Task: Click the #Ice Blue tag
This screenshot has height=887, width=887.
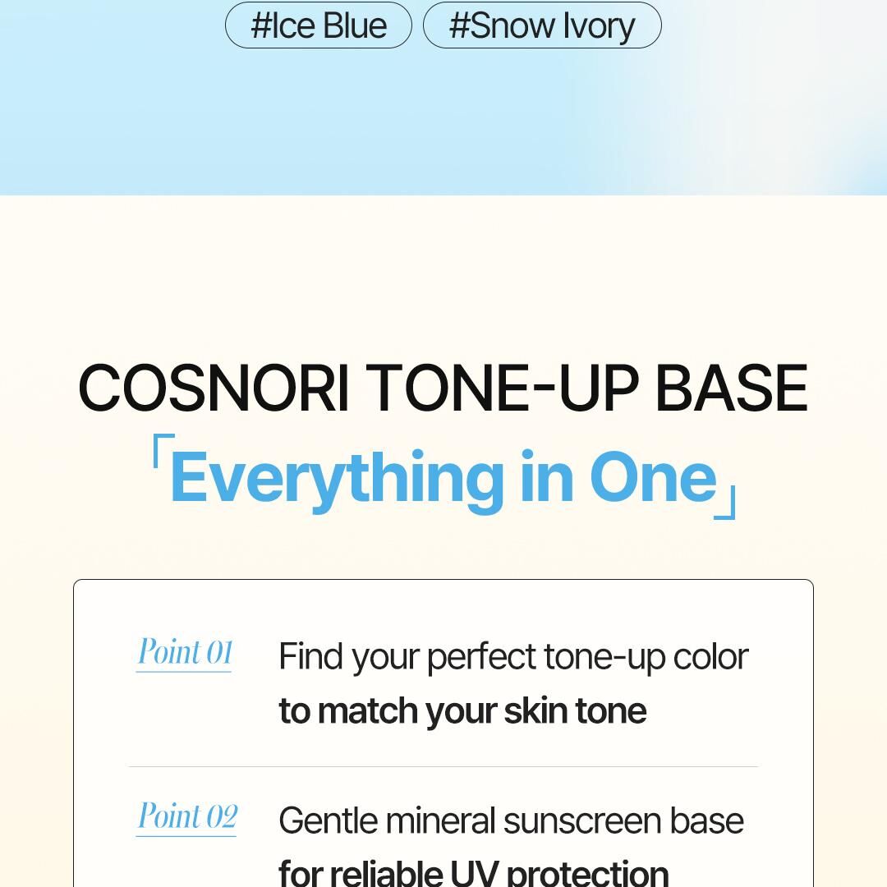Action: coord(319,25)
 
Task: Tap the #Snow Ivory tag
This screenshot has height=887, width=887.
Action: coord(542,25)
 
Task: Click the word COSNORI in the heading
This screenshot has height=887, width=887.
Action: coord(214,388)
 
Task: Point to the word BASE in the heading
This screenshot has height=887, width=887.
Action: coord(732,388)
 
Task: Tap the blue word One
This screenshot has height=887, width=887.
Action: coord(653,476)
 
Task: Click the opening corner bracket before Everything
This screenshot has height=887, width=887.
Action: coord(163,451)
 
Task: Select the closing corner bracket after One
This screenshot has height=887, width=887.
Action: coord(724,502)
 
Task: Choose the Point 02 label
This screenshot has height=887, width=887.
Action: coord(187,816)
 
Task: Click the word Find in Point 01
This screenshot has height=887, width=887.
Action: coord(310,656)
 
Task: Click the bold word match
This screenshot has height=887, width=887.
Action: coord(368,710)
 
